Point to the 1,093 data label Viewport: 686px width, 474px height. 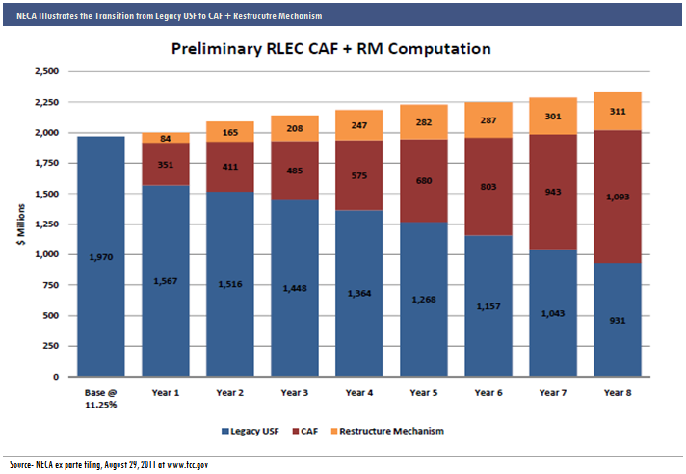click(x=617, y=197)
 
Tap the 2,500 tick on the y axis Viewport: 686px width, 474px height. click(x=46, y=72)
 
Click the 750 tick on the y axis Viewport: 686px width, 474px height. click(x=50, y=285)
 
